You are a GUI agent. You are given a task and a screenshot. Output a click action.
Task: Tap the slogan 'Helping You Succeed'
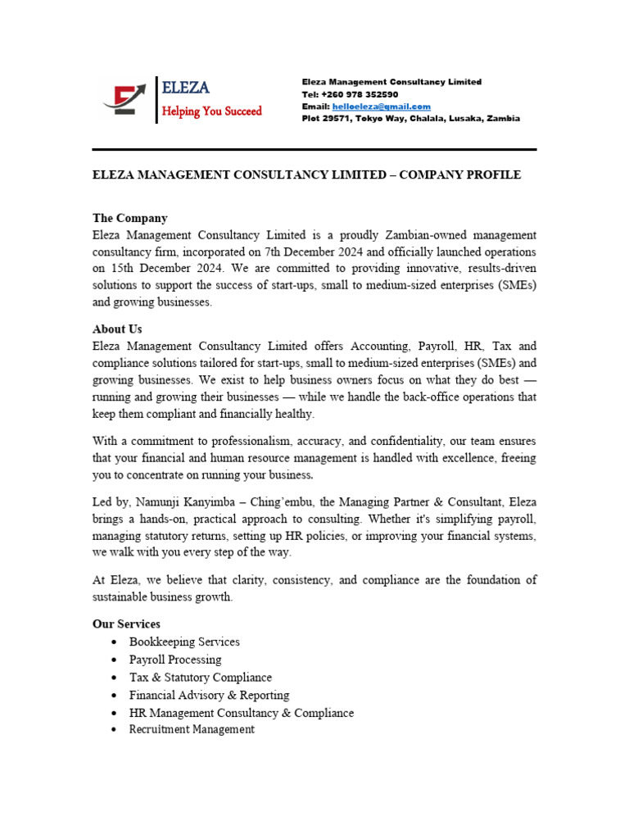(x=211, y=111)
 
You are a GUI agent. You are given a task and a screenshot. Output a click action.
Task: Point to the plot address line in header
(x=410, y=119)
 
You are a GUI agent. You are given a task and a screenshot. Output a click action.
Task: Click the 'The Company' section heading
(x=129, y=218)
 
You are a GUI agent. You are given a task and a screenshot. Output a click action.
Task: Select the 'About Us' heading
(x=117, y=329)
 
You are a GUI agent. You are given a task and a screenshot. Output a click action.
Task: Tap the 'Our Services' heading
(x=126, y=624)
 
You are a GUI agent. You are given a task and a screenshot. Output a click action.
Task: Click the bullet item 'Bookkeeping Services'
(x=184, y=642)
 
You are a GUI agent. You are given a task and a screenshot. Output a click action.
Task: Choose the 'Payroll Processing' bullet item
(x=175, y=660)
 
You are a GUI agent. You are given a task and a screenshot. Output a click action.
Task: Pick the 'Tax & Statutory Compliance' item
(x=200, y=678)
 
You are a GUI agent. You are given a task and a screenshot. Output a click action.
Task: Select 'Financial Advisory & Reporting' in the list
(x=209, y=695)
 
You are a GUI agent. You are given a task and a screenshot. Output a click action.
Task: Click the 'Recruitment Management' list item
(x=192, y=729)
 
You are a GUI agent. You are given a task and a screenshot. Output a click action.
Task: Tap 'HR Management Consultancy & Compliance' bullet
(x=242, y=713)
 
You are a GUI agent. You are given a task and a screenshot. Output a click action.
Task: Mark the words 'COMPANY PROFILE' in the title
(x=459, y=175)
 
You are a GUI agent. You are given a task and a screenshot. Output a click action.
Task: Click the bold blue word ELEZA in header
(x=186, y=88)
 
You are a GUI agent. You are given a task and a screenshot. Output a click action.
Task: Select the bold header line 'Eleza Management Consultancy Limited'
(x=391, y=82)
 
